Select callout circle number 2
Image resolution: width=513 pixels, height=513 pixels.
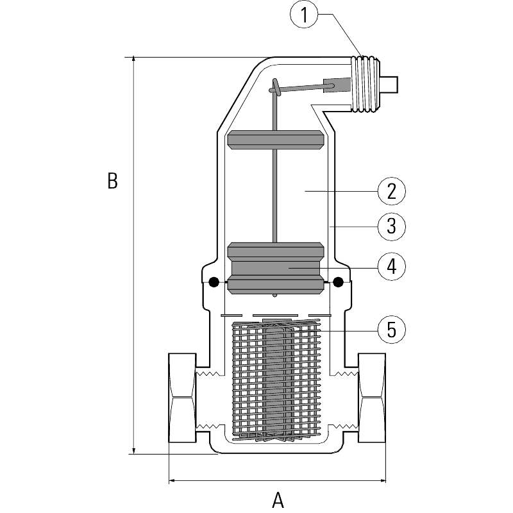pos(391,190)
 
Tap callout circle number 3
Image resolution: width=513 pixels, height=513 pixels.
pos(391,226)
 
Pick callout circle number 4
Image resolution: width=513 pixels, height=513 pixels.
pos(391,266)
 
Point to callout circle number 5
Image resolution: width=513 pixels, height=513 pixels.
pos(391,330)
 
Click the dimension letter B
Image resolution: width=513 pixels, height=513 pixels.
pos(112,181)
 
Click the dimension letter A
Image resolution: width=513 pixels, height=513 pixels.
pos(278,499)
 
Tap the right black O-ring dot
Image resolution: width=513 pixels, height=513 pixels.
pos(338,282)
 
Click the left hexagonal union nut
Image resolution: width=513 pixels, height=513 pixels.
pos(182,398)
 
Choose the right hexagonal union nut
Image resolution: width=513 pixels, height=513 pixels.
pos(372,398)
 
